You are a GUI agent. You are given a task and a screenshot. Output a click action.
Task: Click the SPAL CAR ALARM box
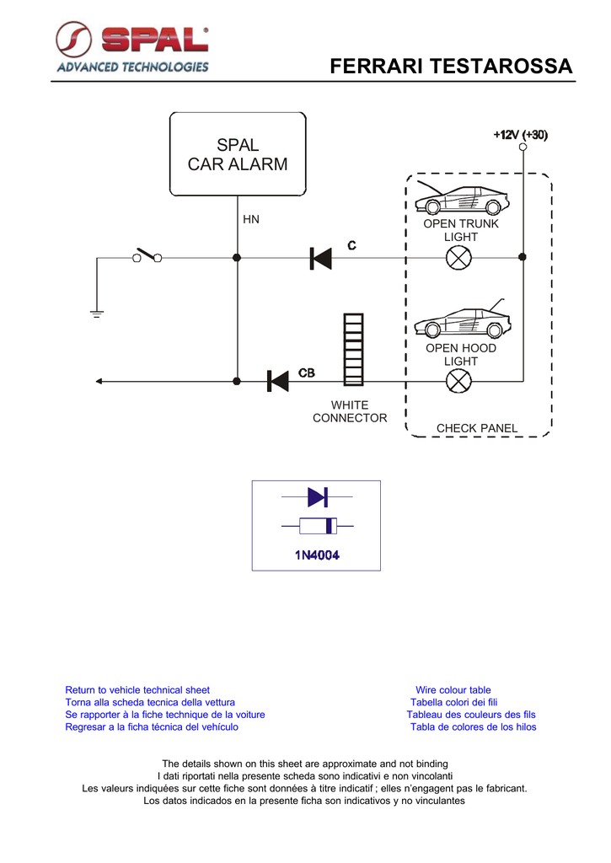point(238,154)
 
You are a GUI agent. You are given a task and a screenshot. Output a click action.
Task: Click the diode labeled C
point(321,258)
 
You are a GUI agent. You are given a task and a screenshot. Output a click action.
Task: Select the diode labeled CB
point(278,381)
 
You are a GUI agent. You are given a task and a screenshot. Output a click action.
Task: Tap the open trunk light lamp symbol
point(458,258)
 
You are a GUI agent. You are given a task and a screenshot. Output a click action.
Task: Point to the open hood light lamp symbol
point(458,381)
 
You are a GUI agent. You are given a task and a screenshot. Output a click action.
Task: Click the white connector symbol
point(353,350)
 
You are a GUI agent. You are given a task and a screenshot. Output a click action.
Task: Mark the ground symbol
point(97,314)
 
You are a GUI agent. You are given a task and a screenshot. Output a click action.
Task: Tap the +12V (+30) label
point(521,135)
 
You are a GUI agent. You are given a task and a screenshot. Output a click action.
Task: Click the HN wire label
point(251,219)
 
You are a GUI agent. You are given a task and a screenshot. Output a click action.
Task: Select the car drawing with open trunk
point(461,197)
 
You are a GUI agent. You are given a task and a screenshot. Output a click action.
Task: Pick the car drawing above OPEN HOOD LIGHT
point(463,319)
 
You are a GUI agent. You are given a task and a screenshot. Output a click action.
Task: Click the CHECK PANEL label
point(477,428)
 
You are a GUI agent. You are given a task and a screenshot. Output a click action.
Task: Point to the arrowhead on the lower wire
point(99,381)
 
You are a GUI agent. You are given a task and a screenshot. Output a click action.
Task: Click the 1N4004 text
point(317,555)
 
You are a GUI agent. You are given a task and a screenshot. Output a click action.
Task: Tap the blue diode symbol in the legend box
point(318,497)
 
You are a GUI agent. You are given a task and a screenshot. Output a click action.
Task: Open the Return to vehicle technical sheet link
point(137,690)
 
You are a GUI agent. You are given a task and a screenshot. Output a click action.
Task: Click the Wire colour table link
point(453,690)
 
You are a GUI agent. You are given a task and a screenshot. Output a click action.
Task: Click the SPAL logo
point(132,47)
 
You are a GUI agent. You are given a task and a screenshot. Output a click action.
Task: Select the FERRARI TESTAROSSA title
point(452,66)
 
